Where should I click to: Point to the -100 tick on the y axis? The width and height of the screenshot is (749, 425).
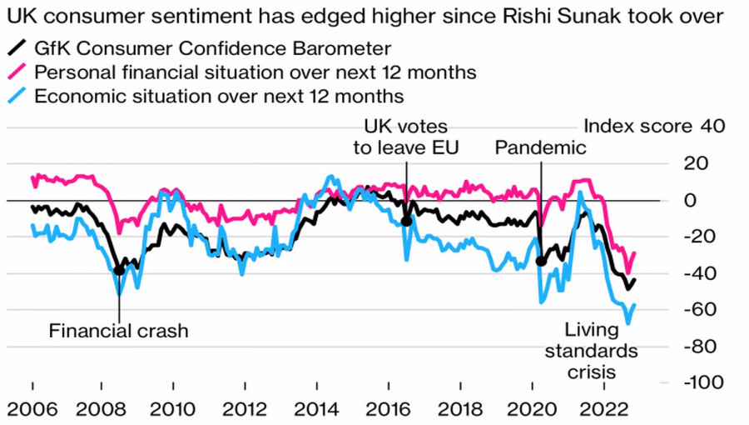click(x=703, y=382)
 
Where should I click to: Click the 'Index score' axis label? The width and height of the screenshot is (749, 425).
click(x=637, y=127)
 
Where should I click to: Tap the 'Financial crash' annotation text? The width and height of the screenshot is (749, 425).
click(x=119, y=331)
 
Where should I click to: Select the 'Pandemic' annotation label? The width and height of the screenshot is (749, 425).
click(x=541, y=148)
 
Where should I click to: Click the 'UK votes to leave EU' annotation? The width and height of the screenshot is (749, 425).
click(x=407, y=137)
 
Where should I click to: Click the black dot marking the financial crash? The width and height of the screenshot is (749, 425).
click(x=119, y=270)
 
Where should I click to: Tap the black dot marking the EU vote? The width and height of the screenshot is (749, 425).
click(x=406, y=221)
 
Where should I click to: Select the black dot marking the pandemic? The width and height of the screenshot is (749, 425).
click(x=541, y=261)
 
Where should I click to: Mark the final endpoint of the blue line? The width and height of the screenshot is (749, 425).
click(x=634, y=305)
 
